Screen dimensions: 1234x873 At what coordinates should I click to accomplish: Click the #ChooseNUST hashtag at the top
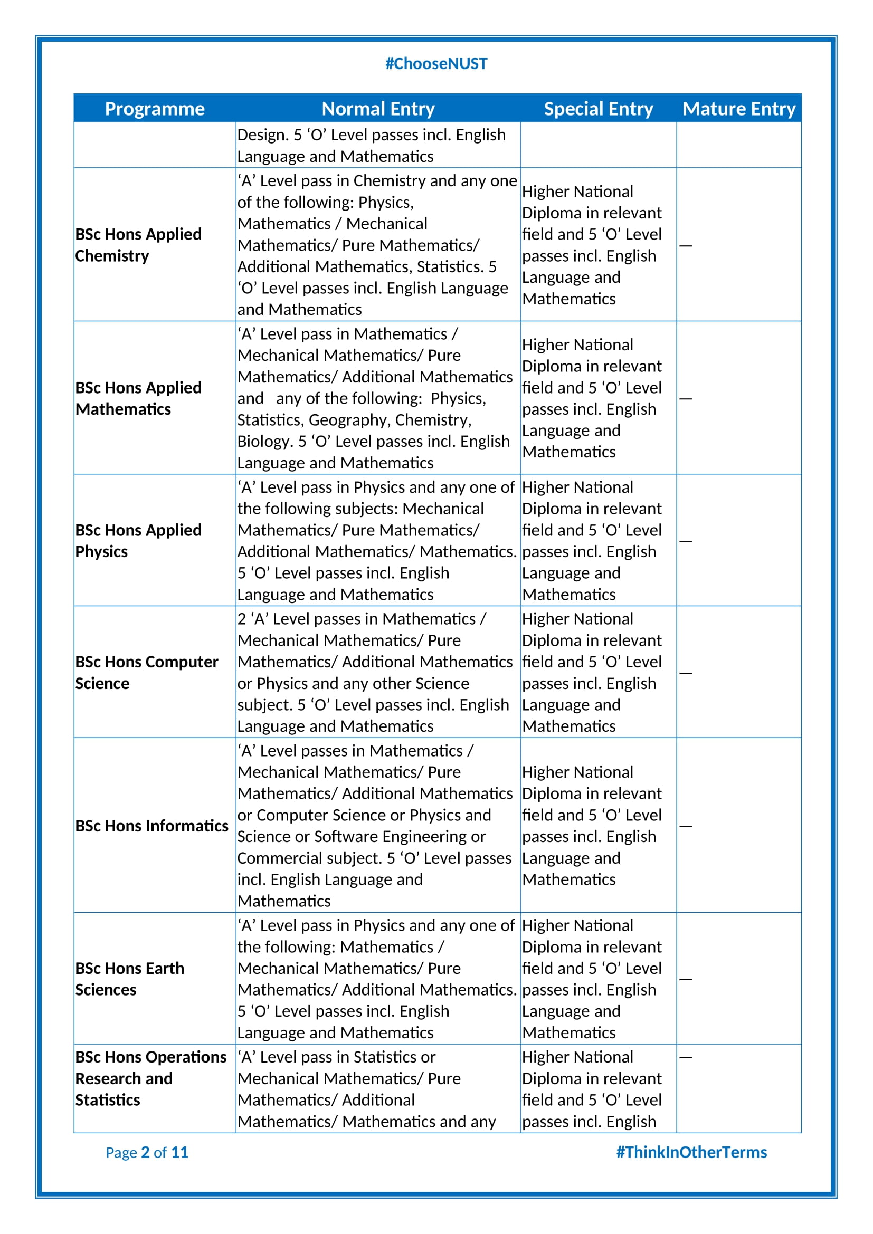pyautogui.click(x=436, y=63)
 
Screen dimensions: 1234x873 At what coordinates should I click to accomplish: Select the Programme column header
pyautogui.click(x=154, y=109)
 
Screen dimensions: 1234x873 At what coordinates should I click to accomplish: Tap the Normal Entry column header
pyautogui.click(x=378, y=109)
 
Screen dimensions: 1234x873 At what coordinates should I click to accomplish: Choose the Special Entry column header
pyautogui.click(x=599, y=109)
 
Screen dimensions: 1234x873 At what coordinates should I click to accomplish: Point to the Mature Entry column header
pyautogui.click(x=738, y=109)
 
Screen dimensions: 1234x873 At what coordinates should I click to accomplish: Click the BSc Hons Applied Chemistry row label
pyautogui.click(x=138, y=245)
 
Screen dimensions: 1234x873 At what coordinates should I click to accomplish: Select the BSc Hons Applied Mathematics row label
pyautogui.click(x=138, y=398)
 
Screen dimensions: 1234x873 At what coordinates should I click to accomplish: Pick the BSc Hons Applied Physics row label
pyautogui.click(x=138, y=541)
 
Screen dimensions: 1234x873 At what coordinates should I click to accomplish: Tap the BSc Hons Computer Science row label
pyautogui.click(x=146, y=672)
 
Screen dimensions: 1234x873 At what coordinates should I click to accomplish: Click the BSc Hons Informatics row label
pyautogui.click(x=151, y=826)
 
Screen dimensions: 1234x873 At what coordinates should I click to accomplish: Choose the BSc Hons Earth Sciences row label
pyautogui.click(x=129, y=979)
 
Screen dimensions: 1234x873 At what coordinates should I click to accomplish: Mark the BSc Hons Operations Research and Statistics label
pyautogui.click(x=150, y=1078)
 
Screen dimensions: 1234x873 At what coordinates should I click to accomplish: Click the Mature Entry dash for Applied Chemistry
pyautogui.click(x=686, y=246)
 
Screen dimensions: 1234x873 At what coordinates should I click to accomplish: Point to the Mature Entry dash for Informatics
pyautogui.click(x=686, y=826)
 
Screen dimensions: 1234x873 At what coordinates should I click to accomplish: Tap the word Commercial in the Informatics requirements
pyautogui.click(x=279, y=858)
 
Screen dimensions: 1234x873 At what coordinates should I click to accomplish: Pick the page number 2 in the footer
pyautogui.click(x=145, y=1152)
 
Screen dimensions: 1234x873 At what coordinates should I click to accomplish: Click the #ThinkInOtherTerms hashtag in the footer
pyautogui.click(x=691, y=1152)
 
